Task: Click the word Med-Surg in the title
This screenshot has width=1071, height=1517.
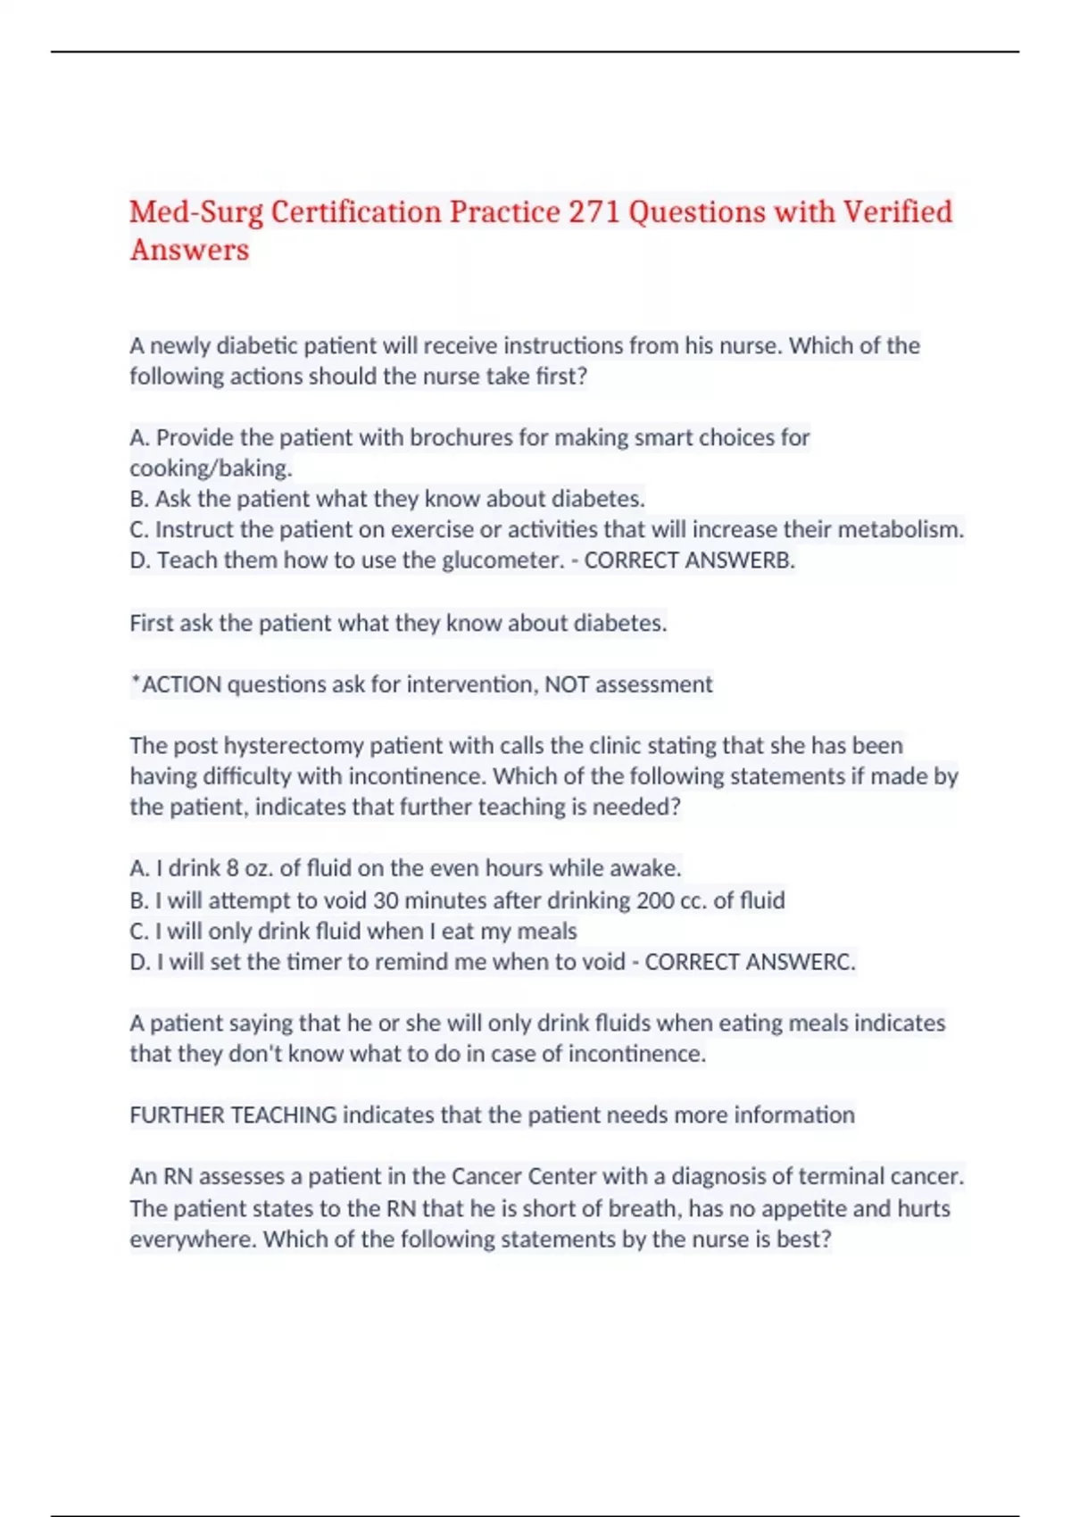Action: coord(196,212)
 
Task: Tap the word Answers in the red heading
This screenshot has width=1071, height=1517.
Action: coord(189,250)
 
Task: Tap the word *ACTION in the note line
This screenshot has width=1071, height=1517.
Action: coord(176,684)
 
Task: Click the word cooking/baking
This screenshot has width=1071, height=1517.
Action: coord(211,468)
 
